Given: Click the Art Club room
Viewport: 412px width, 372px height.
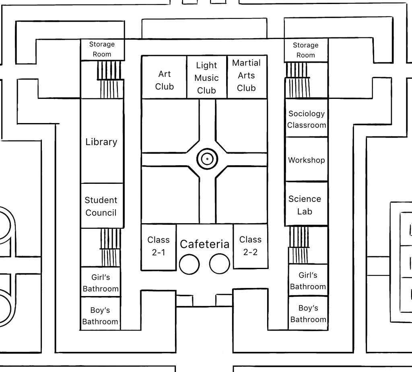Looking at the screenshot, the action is click(x=164, y=77).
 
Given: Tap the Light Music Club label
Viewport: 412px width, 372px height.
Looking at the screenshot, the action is click(x=206, y=78).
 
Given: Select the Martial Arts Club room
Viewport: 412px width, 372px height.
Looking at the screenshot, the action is click(x=247, y=77).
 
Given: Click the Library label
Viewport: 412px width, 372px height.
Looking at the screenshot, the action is click(x=101, y=142).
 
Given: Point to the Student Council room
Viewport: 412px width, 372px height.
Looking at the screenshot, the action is click(x=102, y=206).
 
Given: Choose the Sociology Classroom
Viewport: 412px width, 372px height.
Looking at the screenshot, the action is click(x=307, y=118).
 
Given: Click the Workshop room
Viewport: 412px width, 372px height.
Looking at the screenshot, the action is click(x=307, y=159).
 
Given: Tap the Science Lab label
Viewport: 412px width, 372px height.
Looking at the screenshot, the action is click(x=305, y=205).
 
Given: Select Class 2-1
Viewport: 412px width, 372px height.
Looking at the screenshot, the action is click(x=159, y=247).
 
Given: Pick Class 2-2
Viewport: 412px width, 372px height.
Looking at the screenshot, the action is click(x=251, y=246).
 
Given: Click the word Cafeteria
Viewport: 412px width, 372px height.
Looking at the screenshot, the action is click(x=205, y=244).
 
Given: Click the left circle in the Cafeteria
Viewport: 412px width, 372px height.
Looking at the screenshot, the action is click(x=189, y=264).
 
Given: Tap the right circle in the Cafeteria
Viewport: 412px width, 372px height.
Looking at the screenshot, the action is click(x=220, y=263).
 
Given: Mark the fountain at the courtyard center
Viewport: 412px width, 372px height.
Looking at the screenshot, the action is click(x=207, y=159).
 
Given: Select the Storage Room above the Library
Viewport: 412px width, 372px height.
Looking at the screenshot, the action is click(x=102, y=49).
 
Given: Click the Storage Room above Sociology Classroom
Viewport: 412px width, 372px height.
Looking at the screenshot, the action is click(x=306, y=50).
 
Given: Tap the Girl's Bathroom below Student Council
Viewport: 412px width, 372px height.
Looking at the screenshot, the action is click(x=101, y=282).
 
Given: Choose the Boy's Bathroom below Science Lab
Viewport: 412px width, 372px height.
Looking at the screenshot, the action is click(x=308, y=313).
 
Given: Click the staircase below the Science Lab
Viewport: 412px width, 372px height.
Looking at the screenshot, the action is click(x=299, y=245).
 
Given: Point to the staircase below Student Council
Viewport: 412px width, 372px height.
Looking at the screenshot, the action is click(x=110, y=247).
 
